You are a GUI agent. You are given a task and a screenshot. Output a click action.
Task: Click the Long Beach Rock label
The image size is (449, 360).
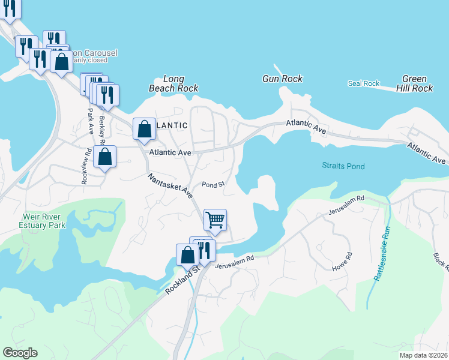[173, 83]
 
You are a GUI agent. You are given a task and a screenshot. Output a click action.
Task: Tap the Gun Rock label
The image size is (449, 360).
[282, 79]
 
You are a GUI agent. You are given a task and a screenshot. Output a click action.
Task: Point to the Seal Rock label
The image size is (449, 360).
[364, 83]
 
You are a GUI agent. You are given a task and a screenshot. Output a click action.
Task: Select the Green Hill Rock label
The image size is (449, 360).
[414, 83]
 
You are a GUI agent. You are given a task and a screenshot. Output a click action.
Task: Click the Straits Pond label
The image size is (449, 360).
[343, 166]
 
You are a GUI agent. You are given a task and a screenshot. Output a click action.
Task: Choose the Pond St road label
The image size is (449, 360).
[212, 184]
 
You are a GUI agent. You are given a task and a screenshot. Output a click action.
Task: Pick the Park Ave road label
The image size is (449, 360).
[90, 122]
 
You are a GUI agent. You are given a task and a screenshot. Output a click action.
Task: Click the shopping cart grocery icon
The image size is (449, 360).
[215, 219]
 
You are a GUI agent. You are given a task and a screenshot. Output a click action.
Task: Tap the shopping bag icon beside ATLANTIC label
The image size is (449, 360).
[145, 128]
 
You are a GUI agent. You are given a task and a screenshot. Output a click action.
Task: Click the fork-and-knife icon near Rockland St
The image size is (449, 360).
[205, 249]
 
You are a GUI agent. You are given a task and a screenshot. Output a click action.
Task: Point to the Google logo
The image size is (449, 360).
[20, 353]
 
